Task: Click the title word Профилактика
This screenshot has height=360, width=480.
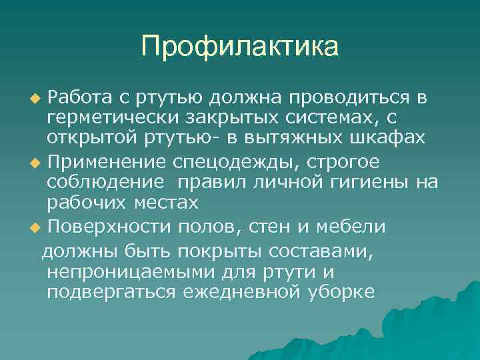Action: (x=240, y=46)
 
